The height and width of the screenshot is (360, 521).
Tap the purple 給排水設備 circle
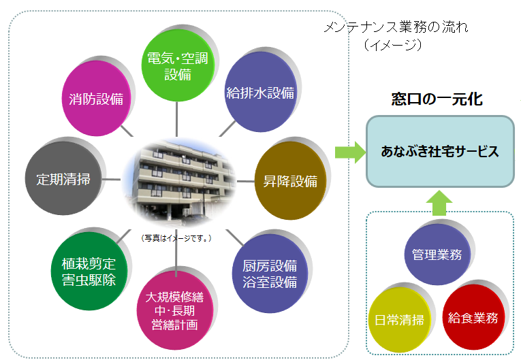click(x=259, y=93)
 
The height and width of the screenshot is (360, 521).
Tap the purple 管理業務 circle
click(x=437, y=255)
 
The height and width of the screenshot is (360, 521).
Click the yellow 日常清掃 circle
click(x=400, y=319)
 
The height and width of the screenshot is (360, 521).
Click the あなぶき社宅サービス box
click(x=439, y=151)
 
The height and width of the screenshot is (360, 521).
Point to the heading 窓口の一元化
click(x=437, y=100)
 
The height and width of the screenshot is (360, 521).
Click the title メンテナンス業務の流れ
click(x=396, y=28)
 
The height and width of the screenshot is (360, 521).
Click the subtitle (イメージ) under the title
click(x=394, y=45)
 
